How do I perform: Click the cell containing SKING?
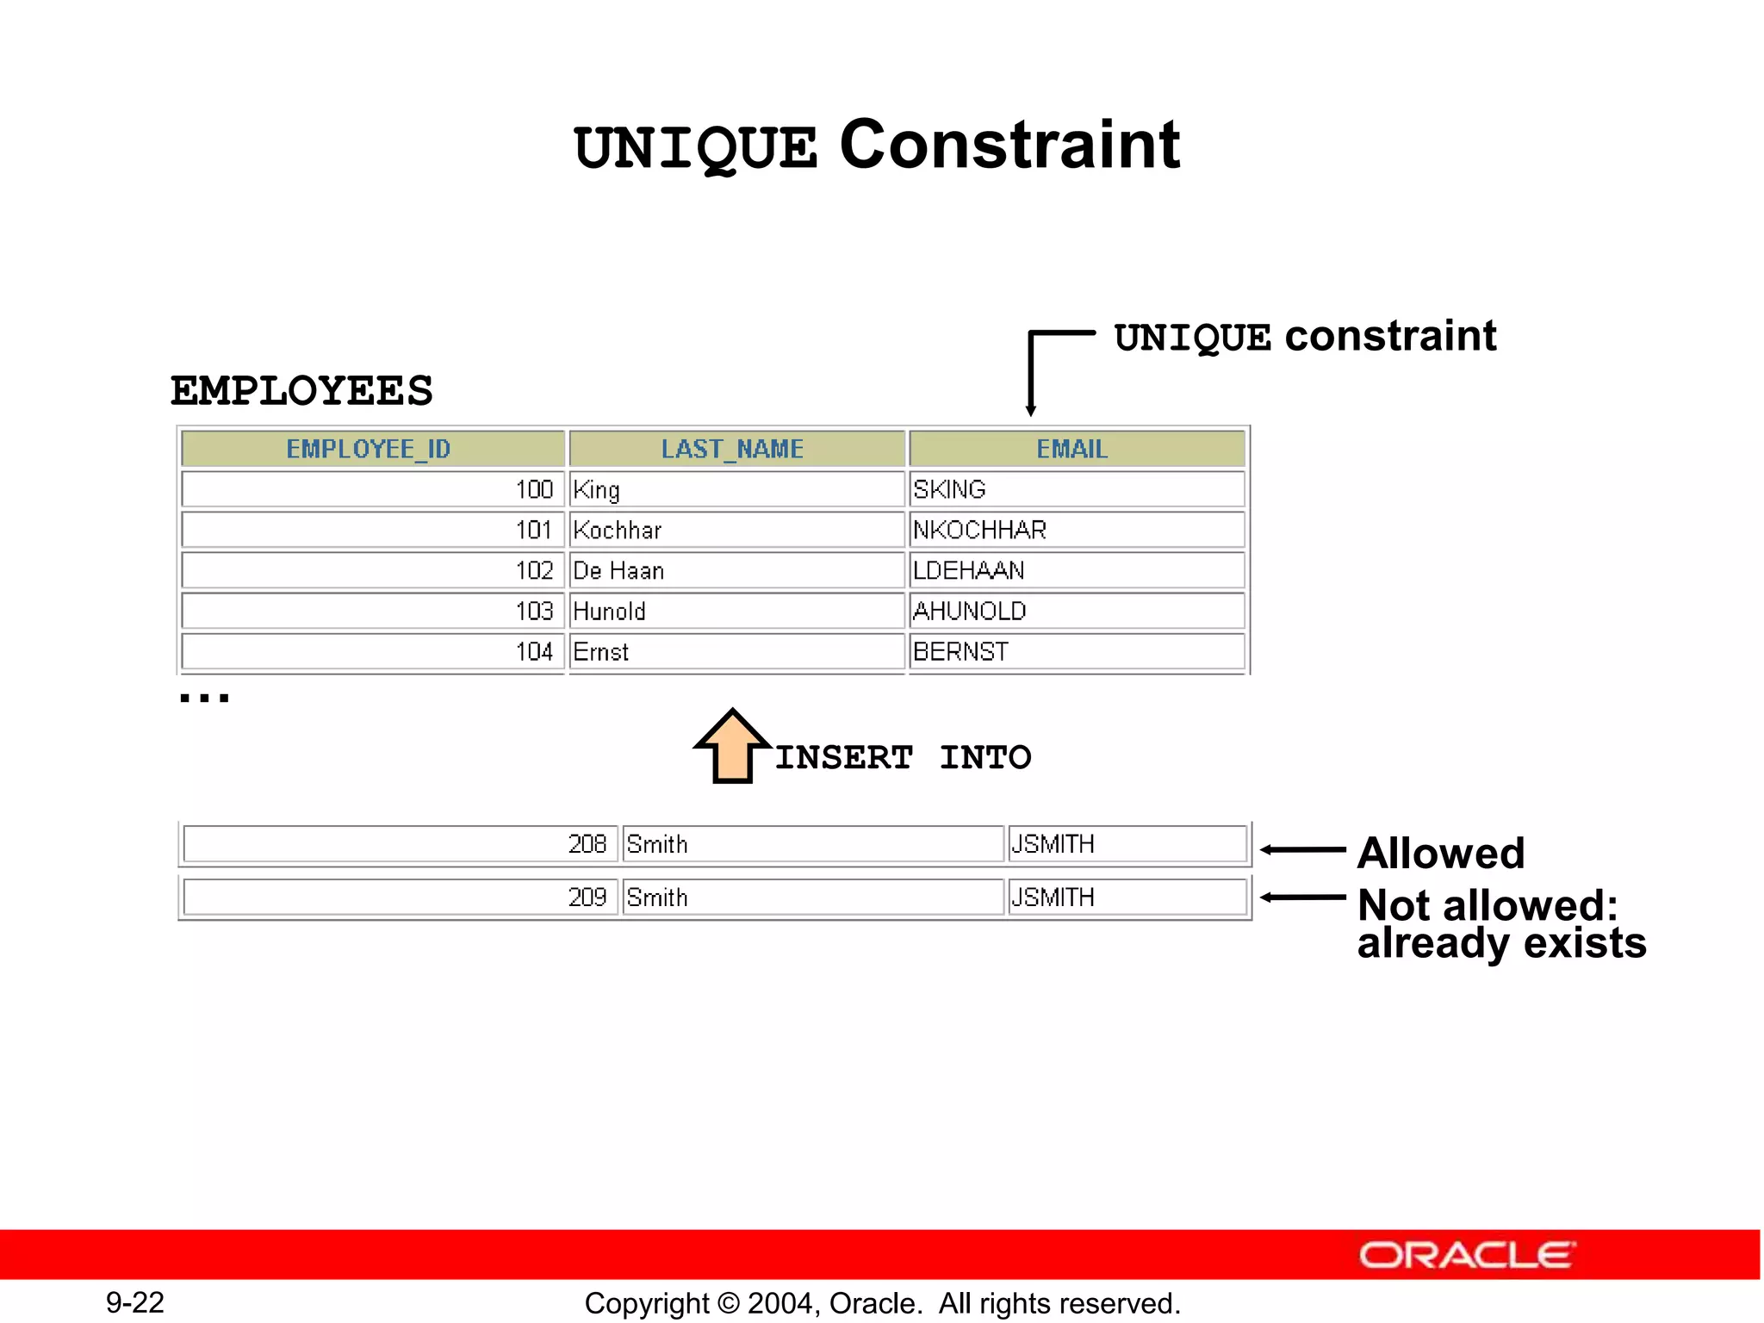1076,489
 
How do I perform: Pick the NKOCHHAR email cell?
1076,530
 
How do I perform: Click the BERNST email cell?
1076,651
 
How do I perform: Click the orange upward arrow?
732,747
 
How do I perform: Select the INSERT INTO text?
903,758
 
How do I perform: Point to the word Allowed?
1440,854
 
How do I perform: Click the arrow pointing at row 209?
1302,898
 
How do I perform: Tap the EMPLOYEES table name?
301,392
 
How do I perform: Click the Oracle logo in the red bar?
1467,1255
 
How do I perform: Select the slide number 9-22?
135,1302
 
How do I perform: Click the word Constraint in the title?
1009,145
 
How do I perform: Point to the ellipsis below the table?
204,698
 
